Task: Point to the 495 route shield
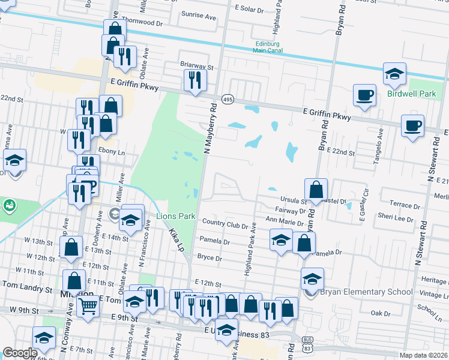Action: (x=228, y=98)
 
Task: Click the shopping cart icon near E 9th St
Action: (x=88, y=308)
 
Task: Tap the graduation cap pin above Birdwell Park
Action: (x=394, y=74)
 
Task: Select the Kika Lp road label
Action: (x=176, y=238)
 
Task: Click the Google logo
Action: (x=20, y=353)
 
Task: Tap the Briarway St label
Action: (x=197, y=63)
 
